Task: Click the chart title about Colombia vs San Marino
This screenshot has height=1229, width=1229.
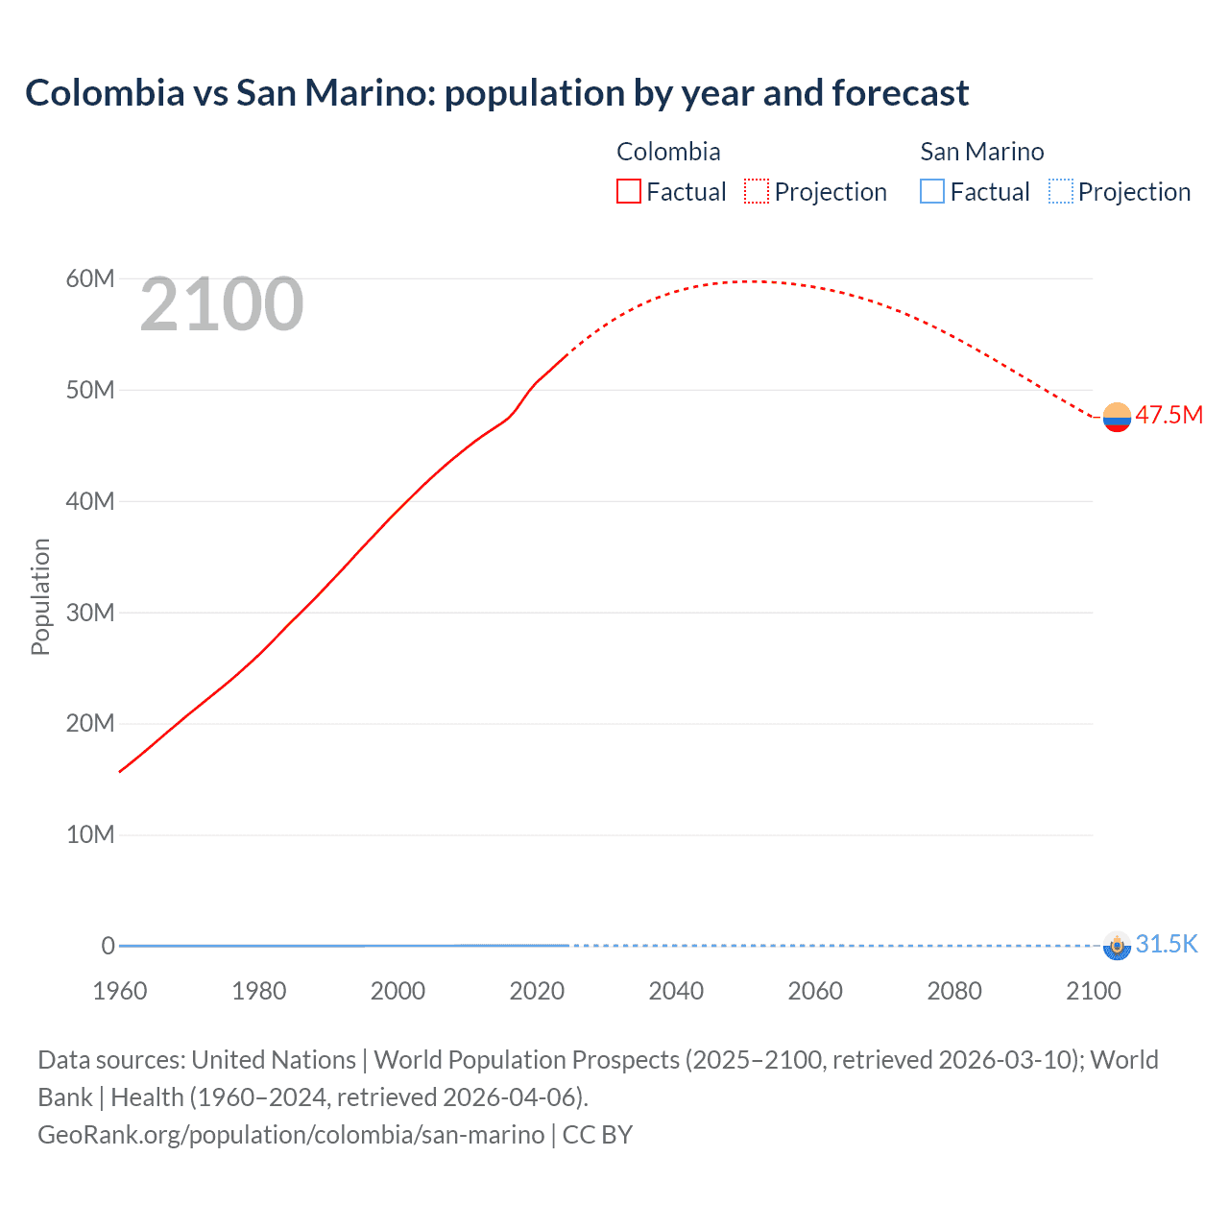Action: click(496, 93)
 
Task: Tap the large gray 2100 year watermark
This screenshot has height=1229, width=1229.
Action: click(222, 304)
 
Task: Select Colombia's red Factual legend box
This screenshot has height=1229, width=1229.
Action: click(628, 191)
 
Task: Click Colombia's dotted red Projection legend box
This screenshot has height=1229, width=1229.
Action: click(757, 191)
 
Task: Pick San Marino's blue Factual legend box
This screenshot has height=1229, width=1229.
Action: click(932, 191)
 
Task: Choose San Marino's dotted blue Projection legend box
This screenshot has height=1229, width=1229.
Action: click(1061, 191)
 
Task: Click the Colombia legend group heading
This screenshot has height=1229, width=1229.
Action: click(668, 152)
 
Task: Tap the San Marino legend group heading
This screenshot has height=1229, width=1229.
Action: click(981, 152)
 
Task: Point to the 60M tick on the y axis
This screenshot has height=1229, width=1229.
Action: click(90, 278)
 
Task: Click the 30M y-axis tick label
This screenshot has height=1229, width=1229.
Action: click(90, 613)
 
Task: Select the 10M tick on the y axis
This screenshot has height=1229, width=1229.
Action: click(90, 834)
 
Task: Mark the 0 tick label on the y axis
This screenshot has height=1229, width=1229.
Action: click(108, 946)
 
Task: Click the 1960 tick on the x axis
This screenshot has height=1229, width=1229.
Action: click(120, 991)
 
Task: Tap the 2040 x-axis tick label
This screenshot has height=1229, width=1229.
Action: click(676, 991)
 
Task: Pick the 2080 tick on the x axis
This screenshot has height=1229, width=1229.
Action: click(954, 991)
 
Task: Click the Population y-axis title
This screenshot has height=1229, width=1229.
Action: click(40, 596)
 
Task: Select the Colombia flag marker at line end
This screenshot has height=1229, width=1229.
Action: click(1117, 417)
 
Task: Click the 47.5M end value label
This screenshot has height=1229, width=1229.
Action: click(1169, 415)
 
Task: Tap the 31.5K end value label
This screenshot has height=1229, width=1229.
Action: click(1167, 944)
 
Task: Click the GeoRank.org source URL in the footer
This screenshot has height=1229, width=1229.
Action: click(291, 1134)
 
